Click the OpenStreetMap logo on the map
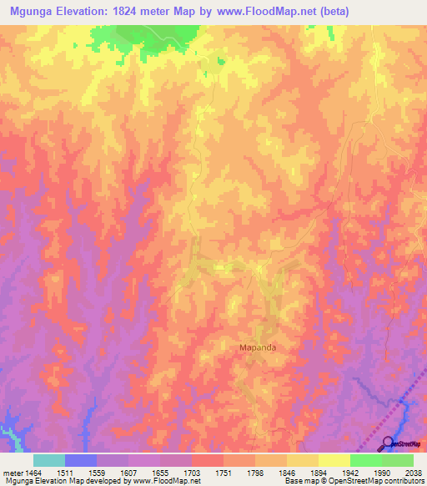(404, 445)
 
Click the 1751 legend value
(224, 472)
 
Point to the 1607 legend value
(128, 472)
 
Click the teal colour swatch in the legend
(49, 460)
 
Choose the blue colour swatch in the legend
(81, 460)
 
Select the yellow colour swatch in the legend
(334, 460)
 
